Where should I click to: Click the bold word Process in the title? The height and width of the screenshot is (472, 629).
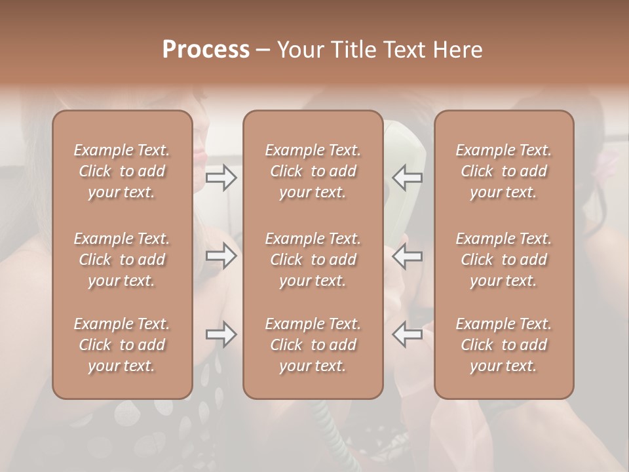click(x=206, y=50)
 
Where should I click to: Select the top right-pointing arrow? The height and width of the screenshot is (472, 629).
click(x=221, y=178)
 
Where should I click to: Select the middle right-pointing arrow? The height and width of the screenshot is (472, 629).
click(x=221, y=255)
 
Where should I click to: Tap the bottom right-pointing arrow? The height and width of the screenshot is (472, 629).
click(x=221, y=334)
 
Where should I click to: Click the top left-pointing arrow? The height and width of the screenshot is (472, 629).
click(x=407, y=178)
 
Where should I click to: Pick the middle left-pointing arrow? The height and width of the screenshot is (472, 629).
click(x=407, y=255)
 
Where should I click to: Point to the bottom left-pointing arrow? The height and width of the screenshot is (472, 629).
click(x=407, y=334)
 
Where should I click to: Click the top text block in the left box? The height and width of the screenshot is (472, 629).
click(x=122, y=171)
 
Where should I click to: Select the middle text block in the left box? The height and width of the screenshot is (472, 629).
click(x=122, y=260)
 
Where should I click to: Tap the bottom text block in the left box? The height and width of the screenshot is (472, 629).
click(x=122, y=345)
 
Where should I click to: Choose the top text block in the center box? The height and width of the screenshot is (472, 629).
click(x=313, y=171)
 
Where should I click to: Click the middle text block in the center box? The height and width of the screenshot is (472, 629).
click(x=313, y=260)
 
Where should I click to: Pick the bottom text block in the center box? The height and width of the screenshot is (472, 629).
click(x=313, y=345)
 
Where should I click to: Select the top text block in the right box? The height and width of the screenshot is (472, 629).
click(x=504, y=171)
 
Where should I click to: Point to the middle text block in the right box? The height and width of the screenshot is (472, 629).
click(x=504, y=260)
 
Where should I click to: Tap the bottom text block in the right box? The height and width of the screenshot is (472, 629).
click(x=504, y=345)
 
